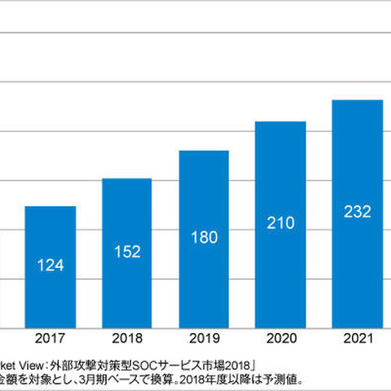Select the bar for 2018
pos(126,253)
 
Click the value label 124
pos(51,265)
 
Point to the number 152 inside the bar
pos(126,251)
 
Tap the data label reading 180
pos(204,237)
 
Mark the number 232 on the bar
pos(357,212)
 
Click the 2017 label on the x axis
pos(51,337)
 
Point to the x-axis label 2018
pos(126,337)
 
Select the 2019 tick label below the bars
pos(204,337)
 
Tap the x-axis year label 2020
pos(280,337)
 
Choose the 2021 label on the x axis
pos(357,337)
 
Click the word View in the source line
pos(33,364)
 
